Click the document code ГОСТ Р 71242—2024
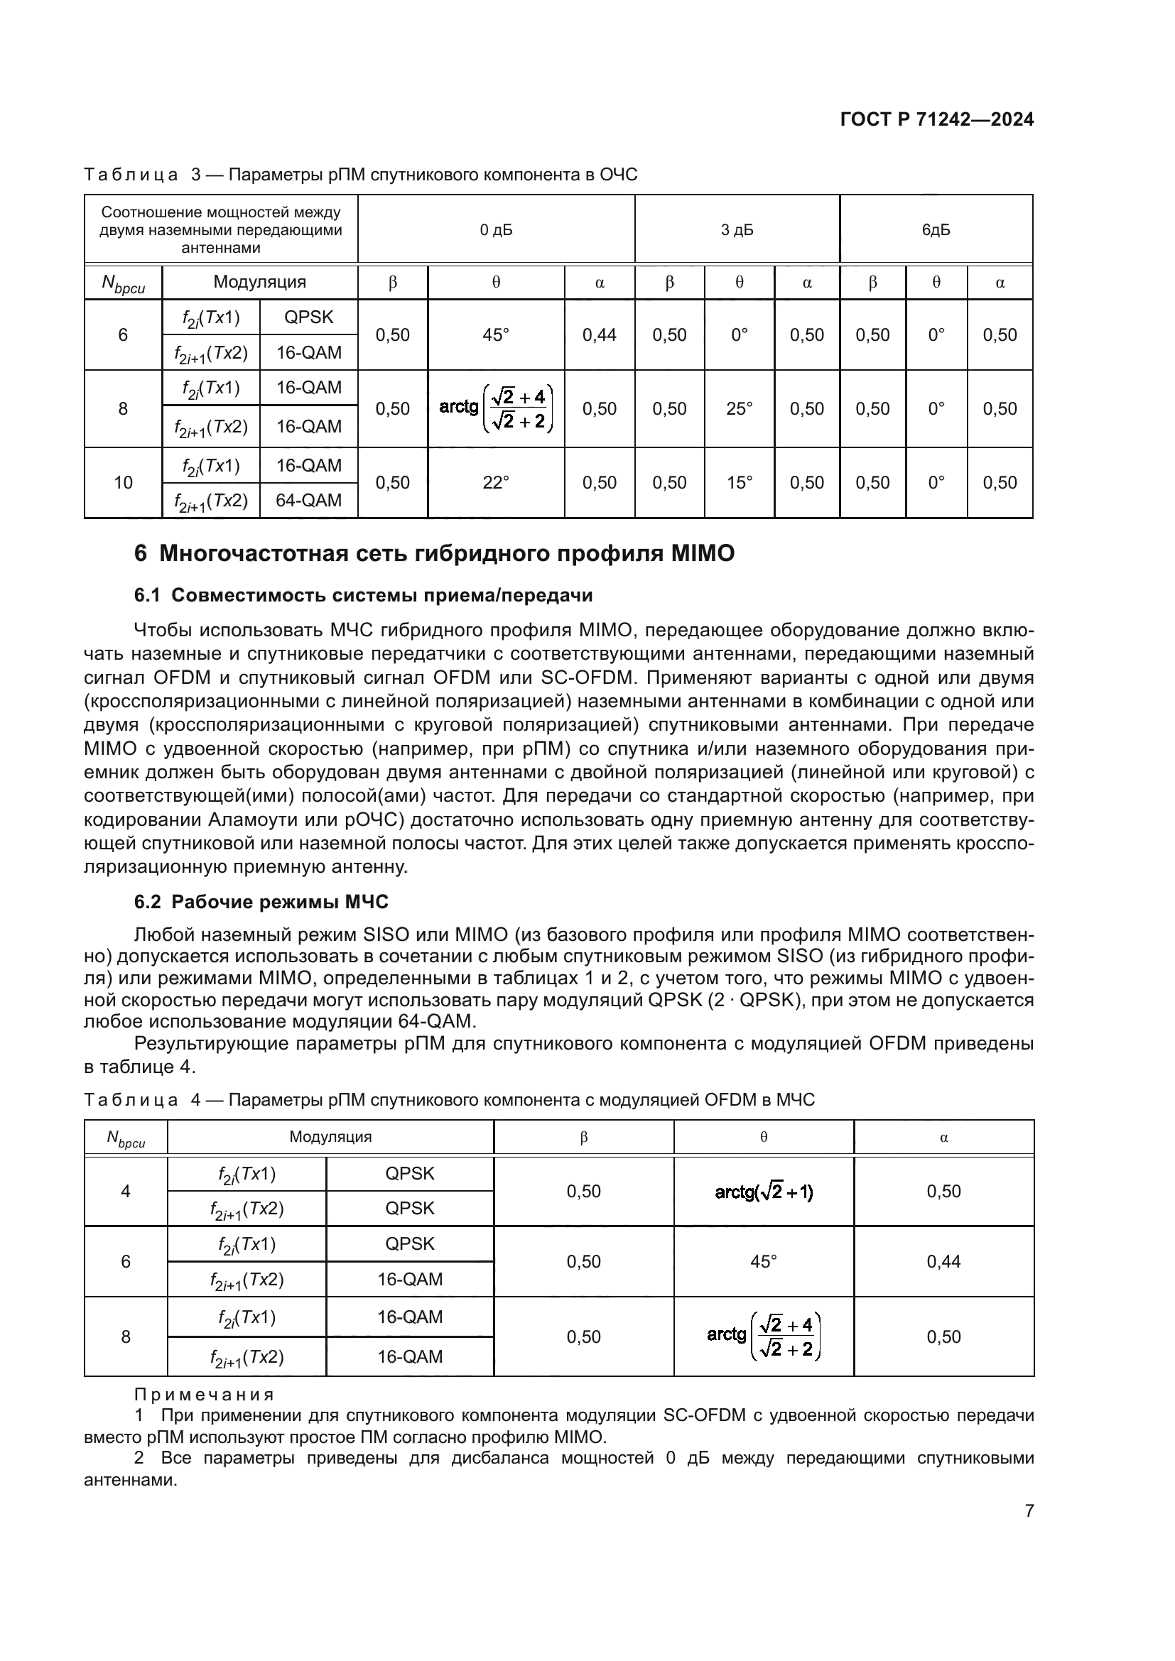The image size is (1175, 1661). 937,120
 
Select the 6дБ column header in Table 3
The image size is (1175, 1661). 936,230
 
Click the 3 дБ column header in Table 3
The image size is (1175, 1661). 737,230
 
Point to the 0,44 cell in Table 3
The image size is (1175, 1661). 599,335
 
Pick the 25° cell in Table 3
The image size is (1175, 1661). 739,409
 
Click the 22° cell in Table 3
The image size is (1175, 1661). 496,482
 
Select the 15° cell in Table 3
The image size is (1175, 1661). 739,482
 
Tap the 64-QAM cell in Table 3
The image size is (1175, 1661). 308,500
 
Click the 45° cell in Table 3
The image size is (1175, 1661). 496,335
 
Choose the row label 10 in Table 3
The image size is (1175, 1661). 123,482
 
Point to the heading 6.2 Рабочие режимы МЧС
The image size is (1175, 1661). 261,902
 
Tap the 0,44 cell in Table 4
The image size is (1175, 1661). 943,1262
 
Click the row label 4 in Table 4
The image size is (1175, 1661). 125,1192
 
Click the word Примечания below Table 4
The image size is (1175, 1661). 204,1395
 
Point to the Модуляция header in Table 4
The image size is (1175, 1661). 330,1136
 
